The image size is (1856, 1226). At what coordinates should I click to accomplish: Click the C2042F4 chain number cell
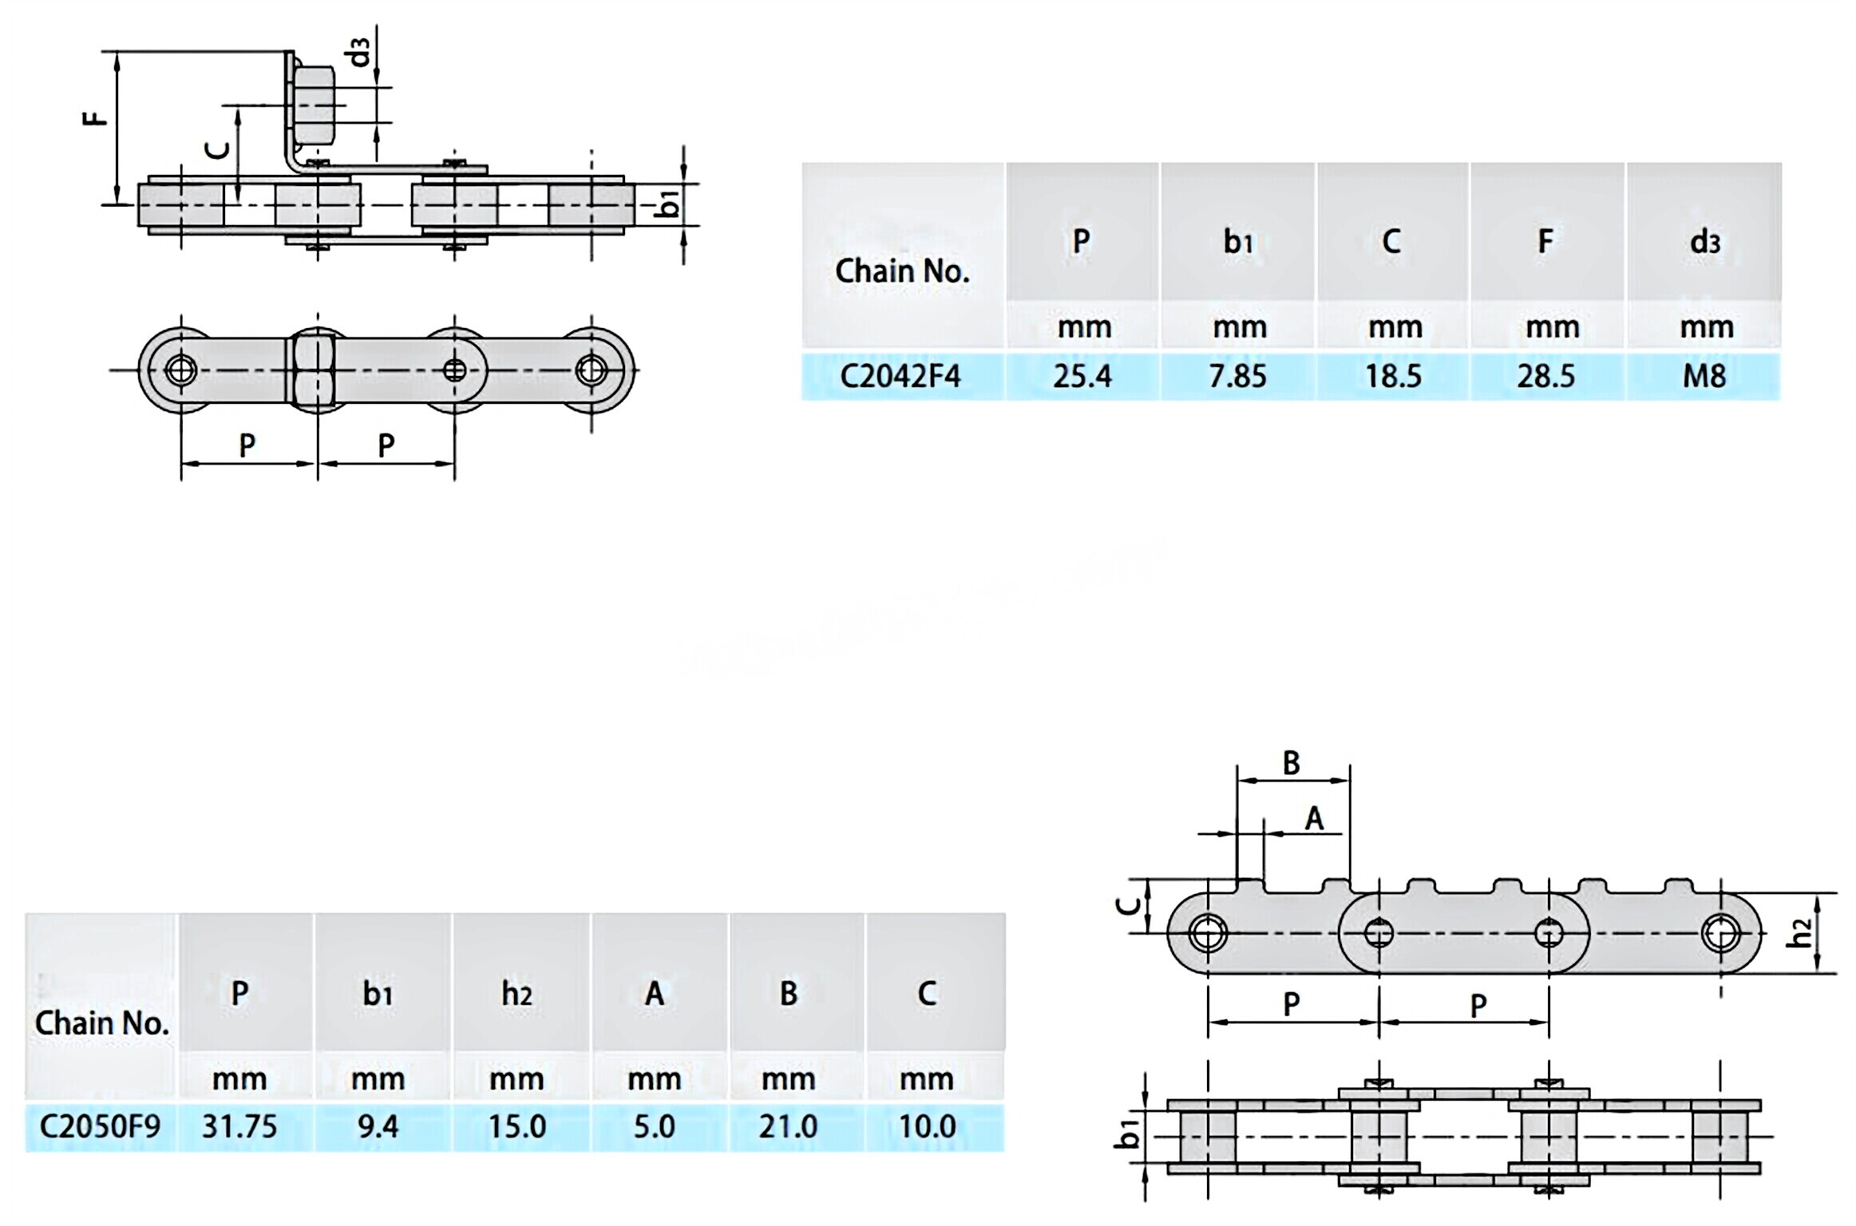coord(900,375)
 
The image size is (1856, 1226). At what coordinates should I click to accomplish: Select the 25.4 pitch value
coord(1082,375)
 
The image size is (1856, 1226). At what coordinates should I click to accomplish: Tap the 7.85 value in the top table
coord(1237,375)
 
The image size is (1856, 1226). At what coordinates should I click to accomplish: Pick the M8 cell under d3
coord(1704,375)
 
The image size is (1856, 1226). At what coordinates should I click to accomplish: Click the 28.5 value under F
coord(1545,375)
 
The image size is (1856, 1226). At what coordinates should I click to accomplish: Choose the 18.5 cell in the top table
coord(1393,375)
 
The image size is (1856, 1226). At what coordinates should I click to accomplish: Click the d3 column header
coord(1704,241)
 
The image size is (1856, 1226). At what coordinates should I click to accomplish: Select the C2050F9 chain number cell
coord(100,1126)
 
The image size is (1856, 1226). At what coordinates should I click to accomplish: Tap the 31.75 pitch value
coord(239,1126)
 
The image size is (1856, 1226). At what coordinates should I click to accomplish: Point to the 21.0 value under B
coord(788,1126)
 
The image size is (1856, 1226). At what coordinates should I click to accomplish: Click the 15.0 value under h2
coord(516,1126)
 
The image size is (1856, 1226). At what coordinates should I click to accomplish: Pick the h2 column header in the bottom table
coord(516,994)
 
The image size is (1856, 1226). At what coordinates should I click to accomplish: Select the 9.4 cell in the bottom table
coord(378,1126)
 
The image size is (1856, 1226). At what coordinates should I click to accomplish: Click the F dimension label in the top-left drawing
coord(95,118)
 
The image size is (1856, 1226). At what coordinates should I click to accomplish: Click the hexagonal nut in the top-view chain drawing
coord(316,370)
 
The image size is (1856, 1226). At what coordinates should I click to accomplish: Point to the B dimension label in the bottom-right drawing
coord(1291,763)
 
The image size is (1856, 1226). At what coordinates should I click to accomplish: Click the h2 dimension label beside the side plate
coord(1800,932)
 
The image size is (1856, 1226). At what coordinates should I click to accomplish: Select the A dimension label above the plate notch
coord(1314,819)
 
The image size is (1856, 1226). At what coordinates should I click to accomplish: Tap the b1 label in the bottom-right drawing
coord(1128,1134)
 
